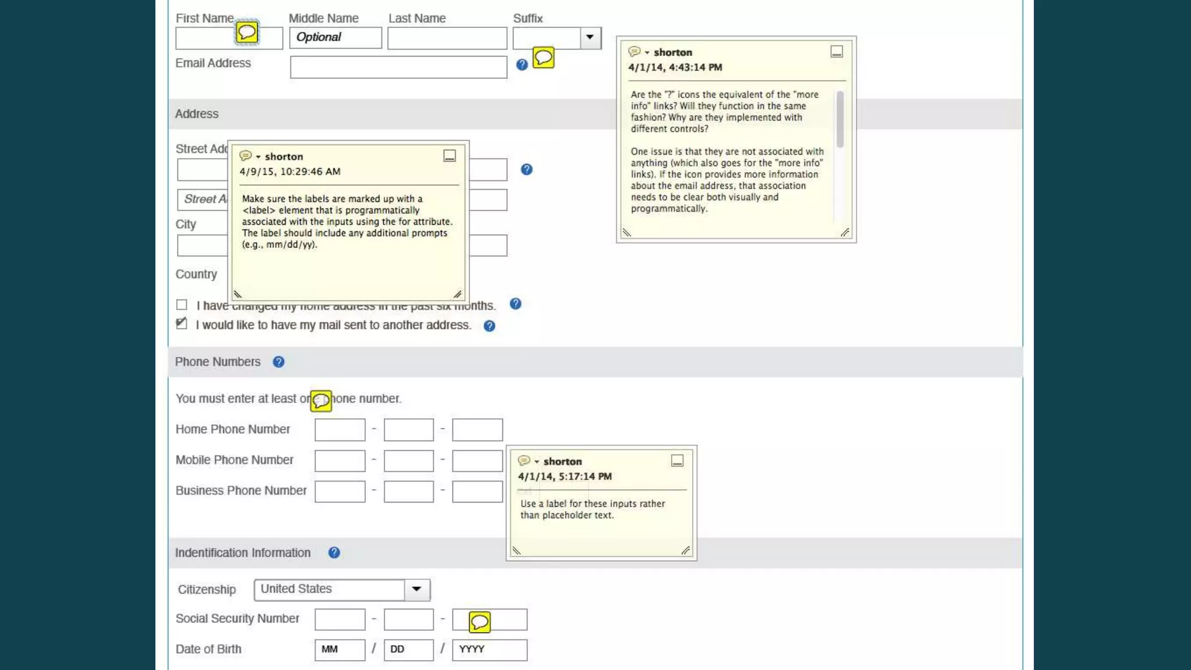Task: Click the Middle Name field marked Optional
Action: [335, 38]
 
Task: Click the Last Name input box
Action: [447, 38]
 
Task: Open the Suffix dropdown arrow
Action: [590, 38]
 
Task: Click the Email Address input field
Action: [398, 67]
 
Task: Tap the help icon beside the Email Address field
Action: [522, 65]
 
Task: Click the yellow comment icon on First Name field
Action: [247, 32]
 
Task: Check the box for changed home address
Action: [182, 305]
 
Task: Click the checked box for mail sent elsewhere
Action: [182, 324]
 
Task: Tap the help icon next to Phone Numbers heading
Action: [279, 362]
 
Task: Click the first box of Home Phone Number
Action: [340, 430]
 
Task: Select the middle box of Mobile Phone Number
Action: [408, 461]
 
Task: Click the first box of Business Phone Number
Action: [340, 491]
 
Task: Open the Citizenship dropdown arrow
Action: [416, 589]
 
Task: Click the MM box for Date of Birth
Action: [340, 650]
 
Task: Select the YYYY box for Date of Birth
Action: [489, 650]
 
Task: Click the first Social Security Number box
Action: [340, 619]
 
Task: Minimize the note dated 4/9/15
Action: [450, 156]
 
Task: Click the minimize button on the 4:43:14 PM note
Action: [836, 52]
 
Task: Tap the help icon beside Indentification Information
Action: [334, 553]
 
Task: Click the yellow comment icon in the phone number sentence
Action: [321, 401]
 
